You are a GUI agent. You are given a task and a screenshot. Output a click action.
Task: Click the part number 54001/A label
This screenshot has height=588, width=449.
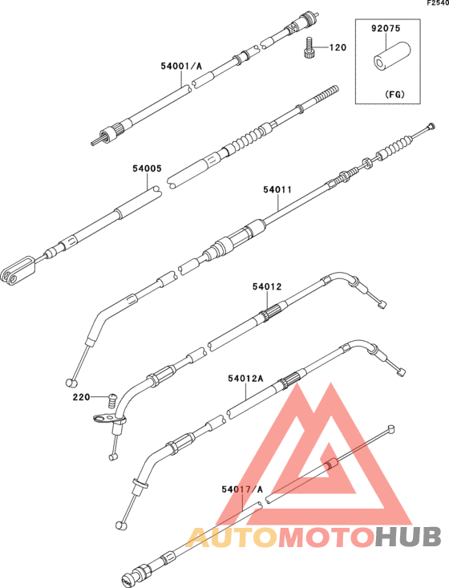181,66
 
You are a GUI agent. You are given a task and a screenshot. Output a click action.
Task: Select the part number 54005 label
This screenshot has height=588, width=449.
147,168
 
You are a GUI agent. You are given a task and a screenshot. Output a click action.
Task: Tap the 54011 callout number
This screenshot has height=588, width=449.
277,189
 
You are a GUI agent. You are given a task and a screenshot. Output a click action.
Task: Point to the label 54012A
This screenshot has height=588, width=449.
245,379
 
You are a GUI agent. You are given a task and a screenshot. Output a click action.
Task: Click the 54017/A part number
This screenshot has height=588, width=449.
242,489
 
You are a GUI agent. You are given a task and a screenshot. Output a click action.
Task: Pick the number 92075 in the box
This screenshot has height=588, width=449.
386,28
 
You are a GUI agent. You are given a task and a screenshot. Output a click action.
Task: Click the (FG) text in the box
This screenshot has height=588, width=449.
394,94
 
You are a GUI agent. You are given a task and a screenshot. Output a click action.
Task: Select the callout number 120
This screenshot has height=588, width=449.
338,47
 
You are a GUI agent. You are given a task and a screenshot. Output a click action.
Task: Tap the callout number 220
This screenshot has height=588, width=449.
81,397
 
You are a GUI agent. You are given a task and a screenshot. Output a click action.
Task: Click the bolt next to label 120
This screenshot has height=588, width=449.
309,47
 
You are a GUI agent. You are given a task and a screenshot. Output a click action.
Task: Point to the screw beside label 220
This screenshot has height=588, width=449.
111,401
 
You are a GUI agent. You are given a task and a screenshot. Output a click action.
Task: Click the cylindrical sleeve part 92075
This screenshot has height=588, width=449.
391,58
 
